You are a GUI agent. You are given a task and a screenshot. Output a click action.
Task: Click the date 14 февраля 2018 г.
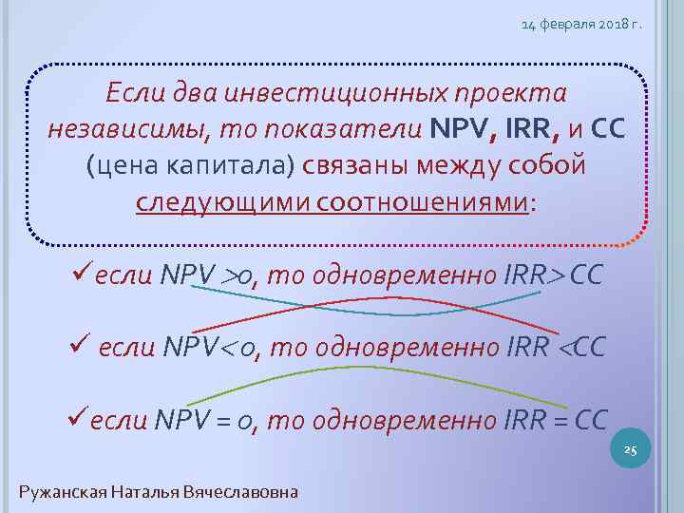click(581, 25)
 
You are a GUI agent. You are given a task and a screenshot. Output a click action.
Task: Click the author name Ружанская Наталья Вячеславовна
click(159, 491)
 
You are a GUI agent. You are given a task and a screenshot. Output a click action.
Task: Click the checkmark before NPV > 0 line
click(81, 275)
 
